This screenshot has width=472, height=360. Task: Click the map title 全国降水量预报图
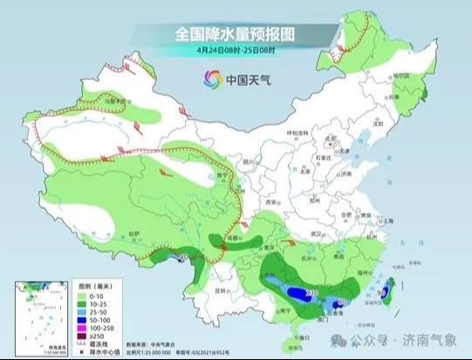click(x=236, y=34)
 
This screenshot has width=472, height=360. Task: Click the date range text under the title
click(x=236, y=51)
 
